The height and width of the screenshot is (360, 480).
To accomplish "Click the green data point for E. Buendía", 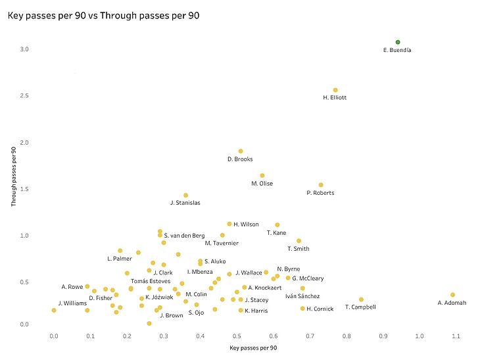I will tap(398, 42).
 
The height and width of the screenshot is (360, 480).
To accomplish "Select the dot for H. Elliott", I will tap(335, 90).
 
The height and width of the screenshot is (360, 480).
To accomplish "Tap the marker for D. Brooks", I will tap(241, 151).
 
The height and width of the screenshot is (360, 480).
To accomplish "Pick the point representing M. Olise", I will tap(262, 176).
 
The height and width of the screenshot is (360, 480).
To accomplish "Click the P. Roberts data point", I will tap(321, 185).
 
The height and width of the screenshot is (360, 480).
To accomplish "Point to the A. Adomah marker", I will tap(452, 295).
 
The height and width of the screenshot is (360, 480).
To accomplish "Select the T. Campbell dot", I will tap(361, 299).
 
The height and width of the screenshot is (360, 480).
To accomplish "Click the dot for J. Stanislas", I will tap(185, 195).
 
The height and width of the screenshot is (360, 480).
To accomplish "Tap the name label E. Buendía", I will tap(397, 50).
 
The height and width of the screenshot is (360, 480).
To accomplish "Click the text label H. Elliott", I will tap(335, 98).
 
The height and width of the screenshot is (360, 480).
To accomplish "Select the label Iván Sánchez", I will tap(302, 296).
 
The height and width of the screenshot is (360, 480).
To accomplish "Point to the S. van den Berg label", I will tap(184, 236).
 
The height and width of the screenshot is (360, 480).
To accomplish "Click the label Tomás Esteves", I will tap(151, 281).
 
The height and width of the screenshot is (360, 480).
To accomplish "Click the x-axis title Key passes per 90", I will tap(254, 347).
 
